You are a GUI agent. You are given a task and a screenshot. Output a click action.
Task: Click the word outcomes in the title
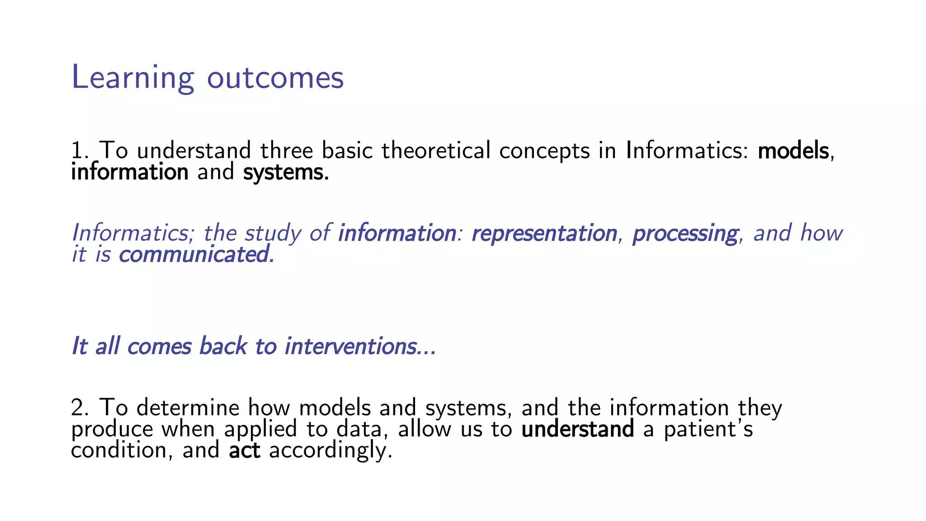[x=275, y=78]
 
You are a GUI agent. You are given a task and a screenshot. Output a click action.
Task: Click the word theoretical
[x=436, y=151]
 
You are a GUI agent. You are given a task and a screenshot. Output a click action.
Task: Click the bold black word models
[x=794, y=151]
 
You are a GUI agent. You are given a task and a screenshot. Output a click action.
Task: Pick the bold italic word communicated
[x=196, y=255]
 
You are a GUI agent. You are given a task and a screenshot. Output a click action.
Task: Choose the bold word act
[x=245, y=450]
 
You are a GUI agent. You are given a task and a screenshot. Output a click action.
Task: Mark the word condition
[x=119, y=450]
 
